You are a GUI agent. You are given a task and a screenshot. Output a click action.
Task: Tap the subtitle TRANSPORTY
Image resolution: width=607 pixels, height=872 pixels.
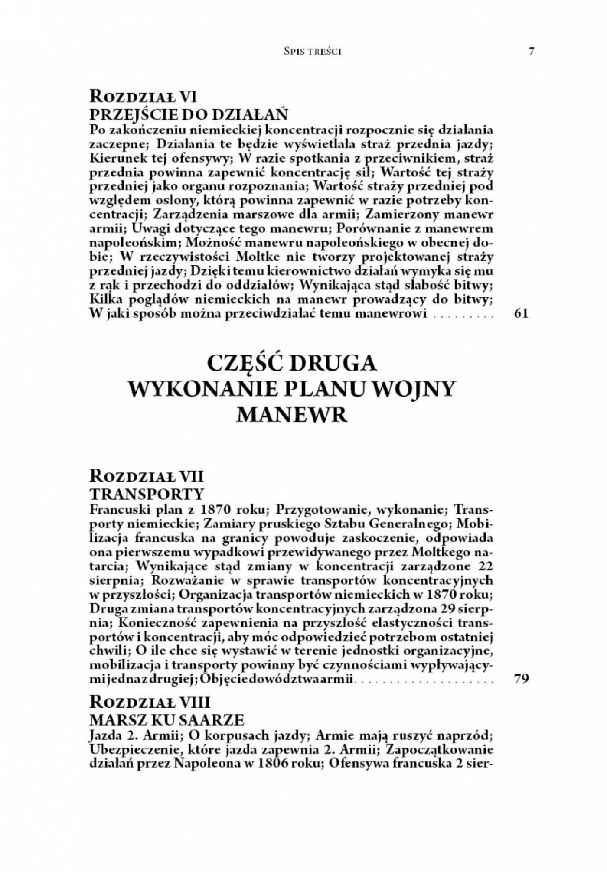point(147,493)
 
